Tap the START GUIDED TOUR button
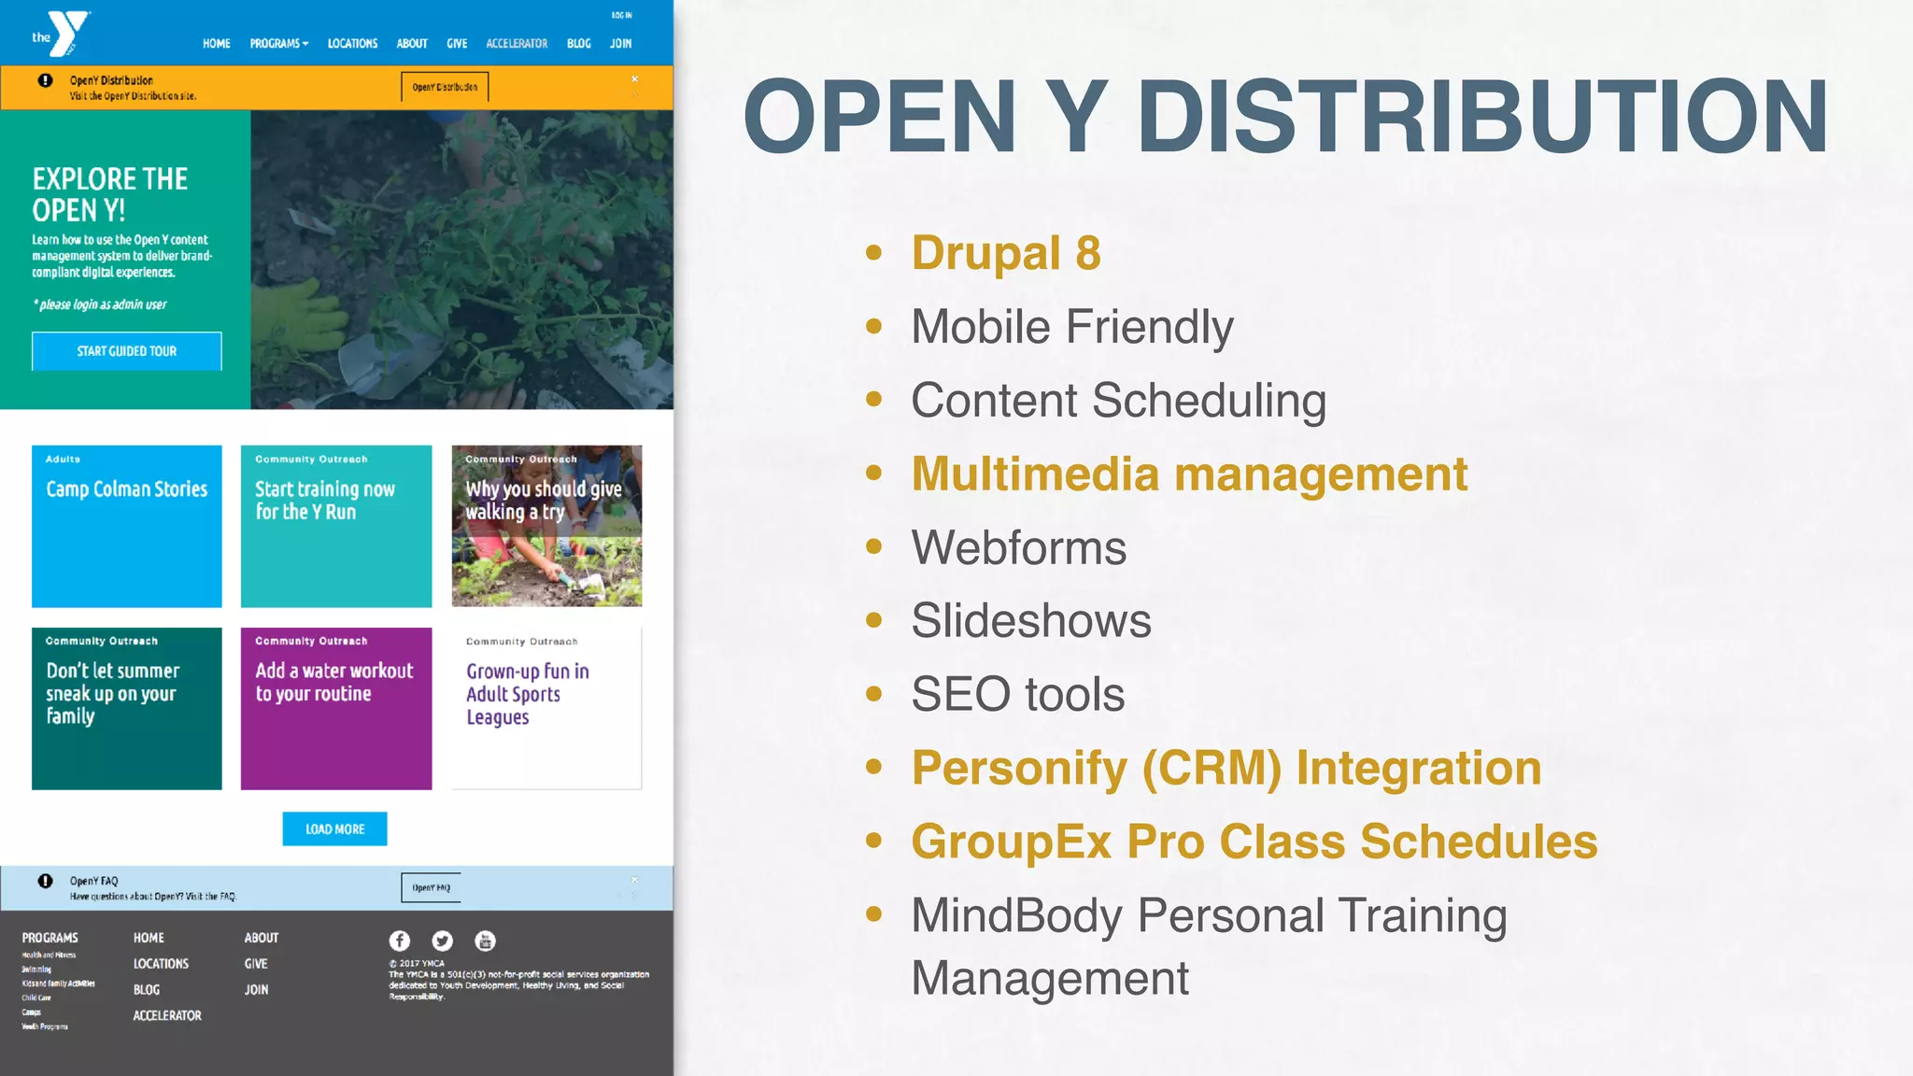pyautogui.click(x=127, y=351)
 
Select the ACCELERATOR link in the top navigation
pyautogui.click(x=517, y=44)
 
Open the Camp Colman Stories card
pyautogui.click(x=127, y=526)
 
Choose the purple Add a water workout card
pyautogui.click(x=336, y=708)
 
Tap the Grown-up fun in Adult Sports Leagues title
pyautogui.click(x=527, y=694)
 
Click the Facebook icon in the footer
pyautogui.click(x=400, y=941)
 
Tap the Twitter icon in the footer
pyautogui.click(x=443, y=941)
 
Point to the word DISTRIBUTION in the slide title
pyautogui.click(x=1482, y=117)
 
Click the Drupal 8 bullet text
pyautogui.click(x=1006, y=253)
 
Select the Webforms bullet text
pyautogui.click(x=1018, y=547)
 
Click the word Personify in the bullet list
pyautogui.click(x=1019, y=768)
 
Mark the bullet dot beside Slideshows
pyautogui.click(x=874, y=620)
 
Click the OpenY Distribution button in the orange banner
pyautogui.click(x=445, y=87)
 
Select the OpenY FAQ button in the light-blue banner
pyautogui.click(x=431, y=887)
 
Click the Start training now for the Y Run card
pyautogui.click(x=336, y=526)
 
